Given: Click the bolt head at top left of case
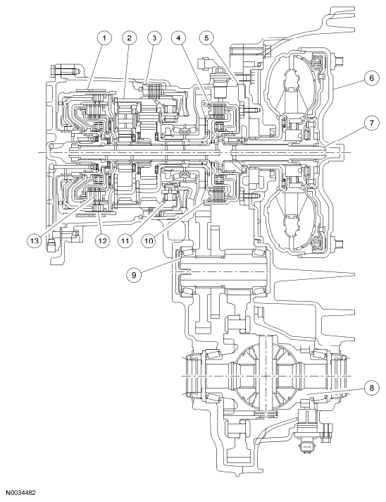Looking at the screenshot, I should coord(56,71).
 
